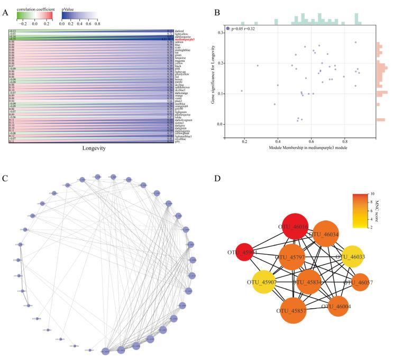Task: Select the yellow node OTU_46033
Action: [355, 257]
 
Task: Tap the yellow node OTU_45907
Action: [262, 282]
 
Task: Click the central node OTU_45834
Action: [309, 281]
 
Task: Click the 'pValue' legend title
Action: [67, 9]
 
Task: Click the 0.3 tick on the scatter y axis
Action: [220, 33]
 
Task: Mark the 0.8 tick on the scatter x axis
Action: [345, 142]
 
